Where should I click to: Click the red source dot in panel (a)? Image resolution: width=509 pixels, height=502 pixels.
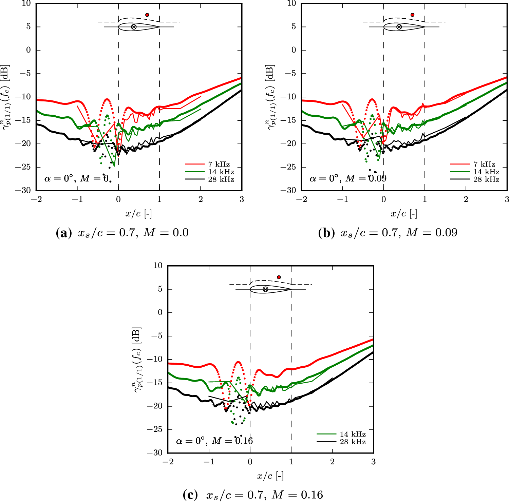(147, 15)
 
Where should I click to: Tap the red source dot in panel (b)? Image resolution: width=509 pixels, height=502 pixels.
(412, 15)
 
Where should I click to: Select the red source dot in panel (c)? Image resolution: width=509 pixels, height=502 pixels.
(279, 277)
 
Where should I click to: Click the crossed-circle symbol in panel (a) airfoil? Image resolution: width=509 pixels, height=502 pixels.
(134, 27)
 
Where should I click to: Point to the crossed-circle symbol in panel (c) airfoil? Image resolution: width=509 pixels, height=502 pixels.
(265, 289)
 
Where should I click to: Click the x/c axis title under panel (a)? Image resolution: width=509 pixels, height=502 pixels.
(138, 214)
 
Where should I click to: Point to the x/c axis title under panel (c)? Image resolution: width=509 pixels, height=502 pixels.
(270, 476)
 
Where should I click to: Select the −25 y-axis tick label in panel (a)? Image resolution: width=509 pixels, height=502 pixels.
(23, 167)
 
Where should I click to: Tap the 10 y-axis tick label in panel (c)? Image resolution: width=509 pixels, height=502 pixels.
(158, 266)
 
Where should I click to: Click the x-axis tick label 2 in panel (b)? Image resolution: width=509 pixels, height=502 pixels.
(466, 199)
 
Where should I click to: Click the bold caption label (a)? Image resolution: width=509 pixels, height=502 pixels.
(64, 233)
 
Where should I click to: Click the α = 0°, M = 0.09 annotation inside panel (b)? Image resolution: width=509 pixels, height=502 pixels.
(348, 178)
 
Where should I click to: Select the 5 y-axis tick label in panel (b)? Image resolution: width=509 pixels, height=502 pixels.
(294, 27)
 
